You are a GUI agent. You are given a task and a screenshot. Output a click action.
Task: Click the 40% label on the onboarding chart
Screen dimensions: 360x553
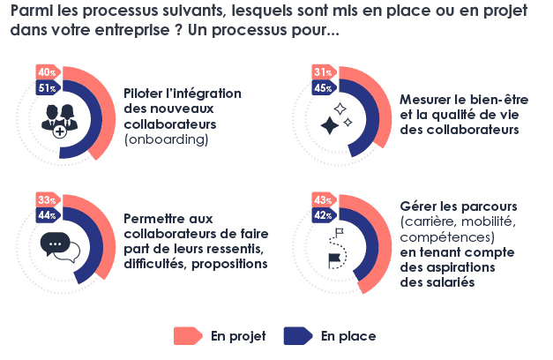[x=45, y=72]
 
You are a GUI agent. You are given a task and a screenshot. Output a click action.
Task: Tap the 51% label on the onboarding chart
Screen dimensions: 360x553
[x=45, y=88]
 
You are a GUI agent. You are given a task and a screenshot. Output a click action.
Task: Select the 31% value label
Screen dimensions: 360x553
[x=322, y=72]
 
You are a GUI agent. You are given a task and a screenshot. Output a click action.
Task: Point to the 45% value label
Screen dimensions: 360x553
[x=322, y=88]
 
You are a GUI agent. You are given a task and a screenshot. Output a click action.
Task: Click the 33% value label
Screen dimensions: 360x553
[x=45, y=199]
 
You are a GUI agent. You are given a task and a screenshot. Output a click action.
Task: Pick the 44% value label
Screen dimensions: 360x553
[x=45, y=215]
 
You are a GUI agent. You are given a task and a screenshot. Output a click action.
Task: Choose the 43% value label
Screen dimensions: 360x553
[x=322, y=199]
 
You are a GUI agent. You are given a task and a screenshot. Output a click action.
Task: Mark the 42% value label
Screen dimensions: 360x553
[x=322, y=215]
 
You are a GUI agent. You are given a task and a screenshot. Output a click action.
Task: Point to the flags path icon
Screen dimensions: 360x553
[x=336, y=246]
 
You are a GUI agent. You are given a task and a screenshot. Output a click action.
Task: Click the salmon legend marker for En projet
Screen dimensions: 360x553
[x=188, y=336]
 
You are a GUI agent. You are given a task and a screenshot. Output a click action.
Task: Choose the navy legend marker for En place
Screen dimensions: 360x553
[x=297, y=336]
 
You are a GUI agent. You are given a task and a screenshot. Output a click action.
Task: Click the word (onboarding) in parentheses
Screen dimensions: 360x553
[x=167, y=139]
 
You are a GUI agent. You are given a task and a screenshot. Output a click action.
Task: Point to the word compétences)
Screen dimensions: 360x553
[x=446, y=238]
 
